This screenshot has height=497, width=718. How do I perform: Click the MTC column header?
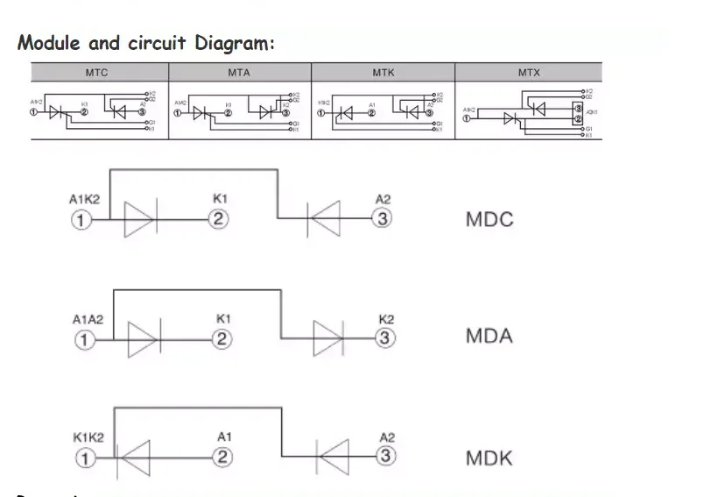point(97,73)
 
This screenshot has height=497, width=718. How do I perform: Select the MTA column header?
point(239,73)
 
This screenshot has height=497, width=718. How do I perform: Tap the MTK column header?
point(384,73)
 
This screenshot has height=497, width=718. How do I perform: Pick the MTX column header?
point(529,73)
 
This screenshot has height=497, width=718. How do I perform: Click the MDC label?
point(489,219)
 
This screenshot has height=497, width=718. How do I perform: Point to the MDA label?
point(489,336)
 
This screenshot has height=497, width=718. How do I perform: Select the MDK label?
point(489,458)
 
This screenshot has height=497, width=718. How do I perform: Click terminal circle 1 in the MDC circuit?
point(80,220)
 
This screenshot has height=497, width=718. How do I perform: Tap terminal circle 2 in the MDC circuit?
point(220,219)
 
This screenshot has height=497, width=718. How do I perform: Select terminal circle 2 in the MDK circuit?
point(223,457)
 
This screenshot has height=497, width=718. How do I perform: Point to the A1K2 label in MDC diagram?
point(84,200)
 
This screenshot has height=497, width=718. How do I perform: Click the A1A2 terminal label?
point(87,319)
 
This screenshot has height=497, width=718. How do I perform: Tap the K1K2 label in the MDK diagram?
point(88,437)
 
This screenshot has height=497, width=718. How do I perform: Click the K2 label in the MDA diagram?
point(386,319)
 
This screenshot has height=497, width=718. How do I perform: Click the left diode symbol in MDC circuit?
point(140,220)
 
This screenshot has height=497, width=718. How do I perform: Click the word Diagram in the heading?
point(234,42)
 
